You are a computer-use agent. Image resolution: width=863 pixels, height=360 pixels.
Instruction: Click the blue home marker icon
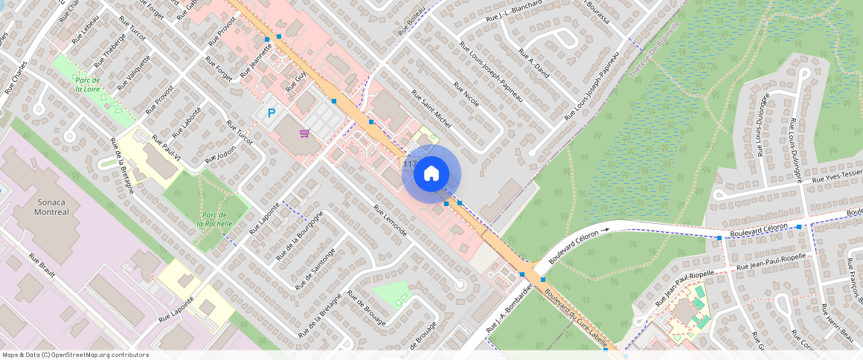[431, 174]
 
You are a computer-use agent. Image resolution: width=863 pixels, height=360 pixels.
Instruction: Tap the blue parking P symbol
[272, 114]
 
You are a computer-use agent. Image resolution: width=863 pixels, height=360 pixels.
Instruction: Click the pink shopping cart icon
[304, 134]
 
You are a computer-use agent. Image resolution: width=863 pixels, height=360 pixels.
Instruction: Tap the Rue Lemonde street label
[391, 221]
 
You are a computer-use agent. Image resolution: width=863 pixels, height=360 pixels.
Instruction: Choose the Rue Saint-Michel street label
[431, 109]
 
